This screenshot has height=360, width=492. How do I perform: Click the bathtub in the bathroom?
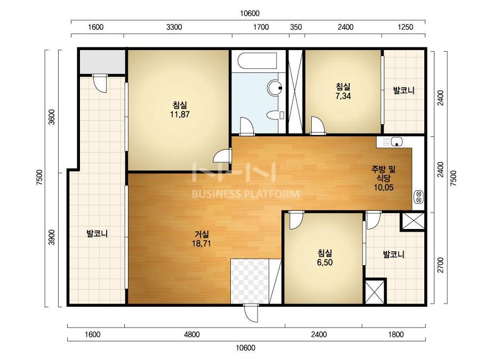tap(257, 61)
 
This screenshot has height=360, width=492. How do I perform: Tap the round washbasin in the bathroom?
tap(275, 87)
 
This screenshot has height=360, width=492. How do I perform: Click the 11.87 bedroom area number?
tap(180, 114)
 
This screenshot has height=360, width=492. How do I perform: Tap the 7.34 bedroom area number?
tap(343, 96)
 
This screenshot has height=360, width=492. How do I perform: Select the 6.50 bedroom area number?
tap(325, 263)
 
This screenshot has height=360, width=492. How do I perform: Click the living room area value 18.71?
tap(201, 243)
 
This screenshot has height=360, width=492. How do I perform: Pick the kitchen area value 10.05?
tap(383, 187)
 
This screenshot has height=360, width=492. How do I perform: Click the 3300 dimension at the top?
tap(174, 27)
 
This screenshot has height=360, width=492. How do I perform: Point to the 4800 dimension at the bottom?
tap(192, 334)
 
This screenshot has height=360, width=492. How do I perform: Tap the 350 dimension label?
tap(296, 27)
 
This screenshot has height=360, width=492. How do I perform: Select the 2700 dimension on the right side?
tap(440, 265)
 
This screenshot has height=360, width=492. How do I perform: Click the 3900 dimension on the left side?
tap(52, 238)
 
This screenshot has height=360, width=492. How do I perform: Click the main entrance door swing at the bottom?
tap(251, 313)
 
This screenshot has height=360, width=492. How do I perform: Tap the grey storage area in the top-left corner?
tap(102, 62)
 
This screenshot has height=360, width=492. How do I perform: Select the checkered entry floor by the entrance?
tap(250, 281)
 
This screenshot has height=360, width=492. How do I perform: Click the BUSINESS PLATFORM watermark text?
tap(246, 194)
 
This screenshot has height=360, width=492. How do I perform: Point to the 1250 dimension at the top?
tap(406, 27)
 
